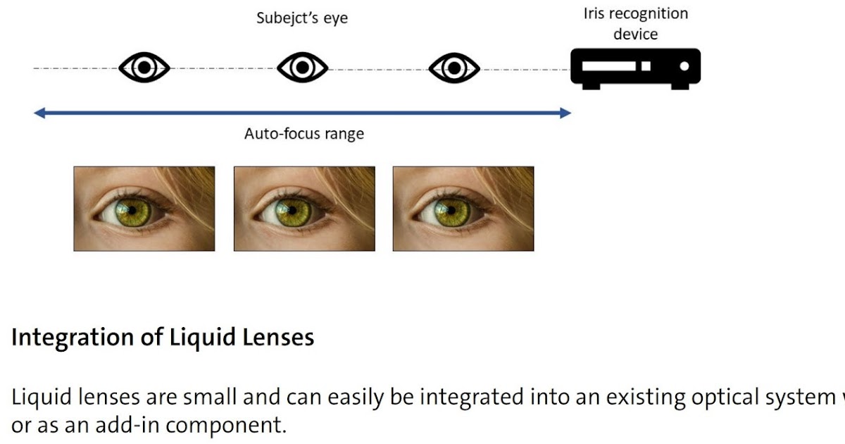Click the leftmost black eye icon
click(144, 68)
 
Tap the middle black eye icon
click(303, 68)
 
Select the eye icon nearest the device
click(454, 68)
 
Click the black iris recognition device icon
click(635, 68)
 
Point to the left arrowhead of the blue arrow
click(39, 112)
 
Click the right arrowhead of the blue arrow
click(565, 112)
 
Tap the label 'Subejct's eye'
click(302, 18)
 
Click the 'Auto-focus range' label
click(304, 133)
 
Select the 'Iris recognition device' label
click(635, 23)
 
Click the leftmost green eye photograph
click(144, 209)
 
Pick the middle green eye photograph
click(304, 209)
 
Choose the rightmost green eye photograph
click(463, 209)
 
